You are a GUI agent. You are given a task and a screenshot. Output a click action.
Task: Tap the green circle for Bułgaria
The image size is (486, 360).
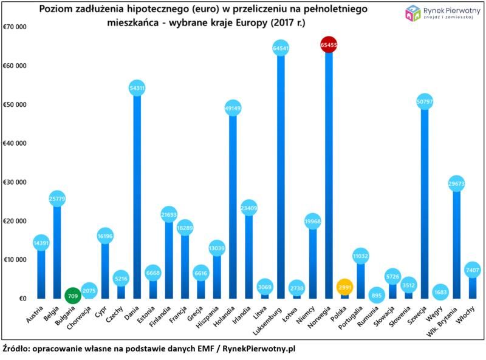pos(72,297)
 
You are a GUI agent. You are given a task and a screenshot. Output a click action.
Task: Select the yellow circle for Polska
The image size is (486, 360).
pos(344,287)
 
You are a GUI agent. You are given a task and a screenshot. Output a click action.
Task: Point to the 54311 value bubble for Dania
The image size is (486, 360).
pos(137,89)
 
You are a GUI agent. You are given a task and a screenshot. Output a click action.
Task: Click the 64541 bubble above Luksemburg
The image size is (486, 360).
pos(280,48)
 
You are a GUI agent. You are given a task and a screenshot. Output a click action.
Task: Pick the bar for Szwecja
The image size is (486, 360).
pos(424,200)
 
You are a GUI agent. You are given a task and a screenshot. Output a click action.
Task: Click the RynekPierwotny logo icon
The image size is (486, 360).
pos(413,12)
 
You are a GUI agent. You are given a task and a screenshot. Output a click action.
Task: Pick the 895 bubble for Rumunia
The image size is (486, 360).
pos(376,296)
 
